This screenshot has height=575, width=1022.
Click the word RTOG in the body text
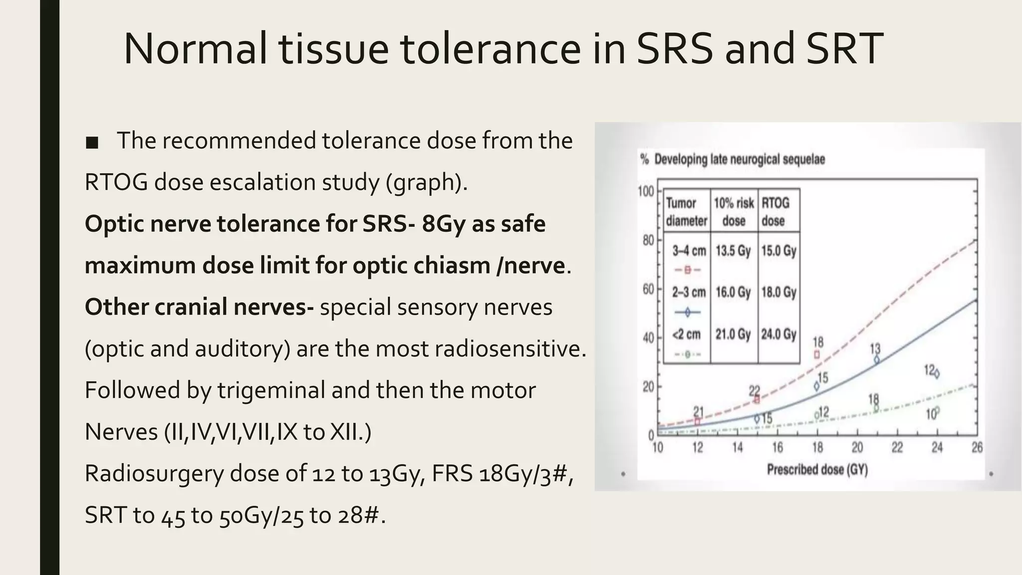(x=116, y=182)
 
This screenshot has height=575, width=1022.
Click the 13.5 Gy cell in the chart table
(x=733, y=251)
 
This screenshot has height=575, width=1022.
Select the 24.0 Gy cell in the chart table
(x=778, y=334)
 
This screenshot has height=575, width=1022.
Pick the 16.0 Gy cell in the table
(x=733, y=292)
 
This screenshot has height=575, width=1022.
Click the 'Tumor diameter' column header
(x=687, y=212)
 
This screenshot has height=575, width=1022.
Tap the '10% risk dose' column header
(x=734, y=212)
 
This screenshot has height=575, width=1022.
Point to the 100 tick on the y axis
(x=646, y=191)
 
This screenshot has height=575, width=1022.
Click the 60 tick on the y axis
(x=648, y=289)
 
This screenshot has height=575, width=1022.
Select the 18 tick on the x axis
(x=817, y=448)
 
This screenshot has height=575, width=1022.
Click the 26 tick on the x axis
(x=977, y=448)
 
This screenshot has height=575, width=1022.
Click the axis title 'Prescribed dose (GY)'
(x=817, y=470)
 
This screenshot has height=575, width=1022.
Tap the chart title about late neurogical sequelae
(x=733, y=160)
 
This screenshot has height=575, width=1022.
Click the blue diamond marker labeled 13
(x=877, y=359)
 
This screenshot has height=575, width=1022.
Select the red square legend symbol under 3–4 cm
(x=687, y=270)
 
